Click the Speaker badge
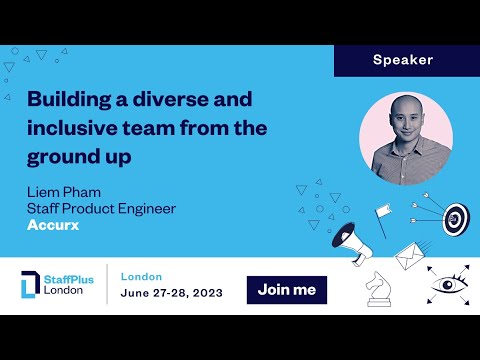pyautogui.click(x=403, y=60)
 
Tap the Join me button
pyautogui.click(x=286, y=290)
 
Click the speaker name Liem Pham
pyautogui.click(x=64, y=191)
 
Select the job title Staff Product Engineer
pyautogui.click(x=101, y=208)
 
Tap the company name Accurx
pyautogui.click(x=55, y=226)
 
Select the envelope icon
pyautogui.click(x=409, y=257)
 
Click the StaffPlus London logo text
pyautogui.click(x=69, y=285)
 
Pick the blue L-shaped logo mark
pyautogui.click(x=30, y=286)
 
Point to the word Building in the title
pyautogui.click(x=66, y=101)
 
